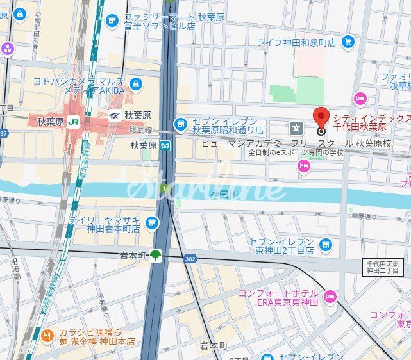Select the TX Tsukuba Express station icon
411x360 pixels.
pyautogui.click(x=114, y=116)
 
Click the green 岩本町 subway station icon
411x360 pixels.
pyautogui.click(x=155, y=256)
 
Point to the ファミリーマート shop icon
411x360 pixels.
pyautogui.click(x=113, y=21)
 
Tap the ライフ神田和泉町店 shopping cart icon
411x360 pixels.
pyautogui.click(x=348, y=42)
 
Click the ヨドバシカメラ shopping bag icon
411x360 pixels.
pyautogui.click(x=135, y=84)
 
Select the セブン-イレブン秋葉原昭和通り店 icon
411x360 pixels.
pyautogui.click(x=181, y=123)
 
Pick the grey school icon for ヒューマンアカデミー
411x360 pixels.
pyautogui.click(x=296, y=127)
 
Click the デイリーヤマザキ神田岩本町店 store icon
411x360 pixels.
pyautogui.click(x=151, y=223)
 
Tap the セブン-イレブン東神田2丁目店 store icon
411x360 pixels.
pyautogui.click(x=326, y=244)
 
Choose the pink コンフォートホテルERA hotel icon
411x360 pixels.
pyautogui.click(x=330, y=295)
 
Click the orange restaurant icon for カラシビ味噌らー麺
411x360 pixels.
pyautogui.click(x=47, y=336)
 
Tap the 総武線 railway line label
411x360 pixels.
pyautogui.click(x=140, y=130)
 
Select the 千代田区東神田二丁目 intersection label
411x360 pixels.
pyautogui.click(x=382, y=267)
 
